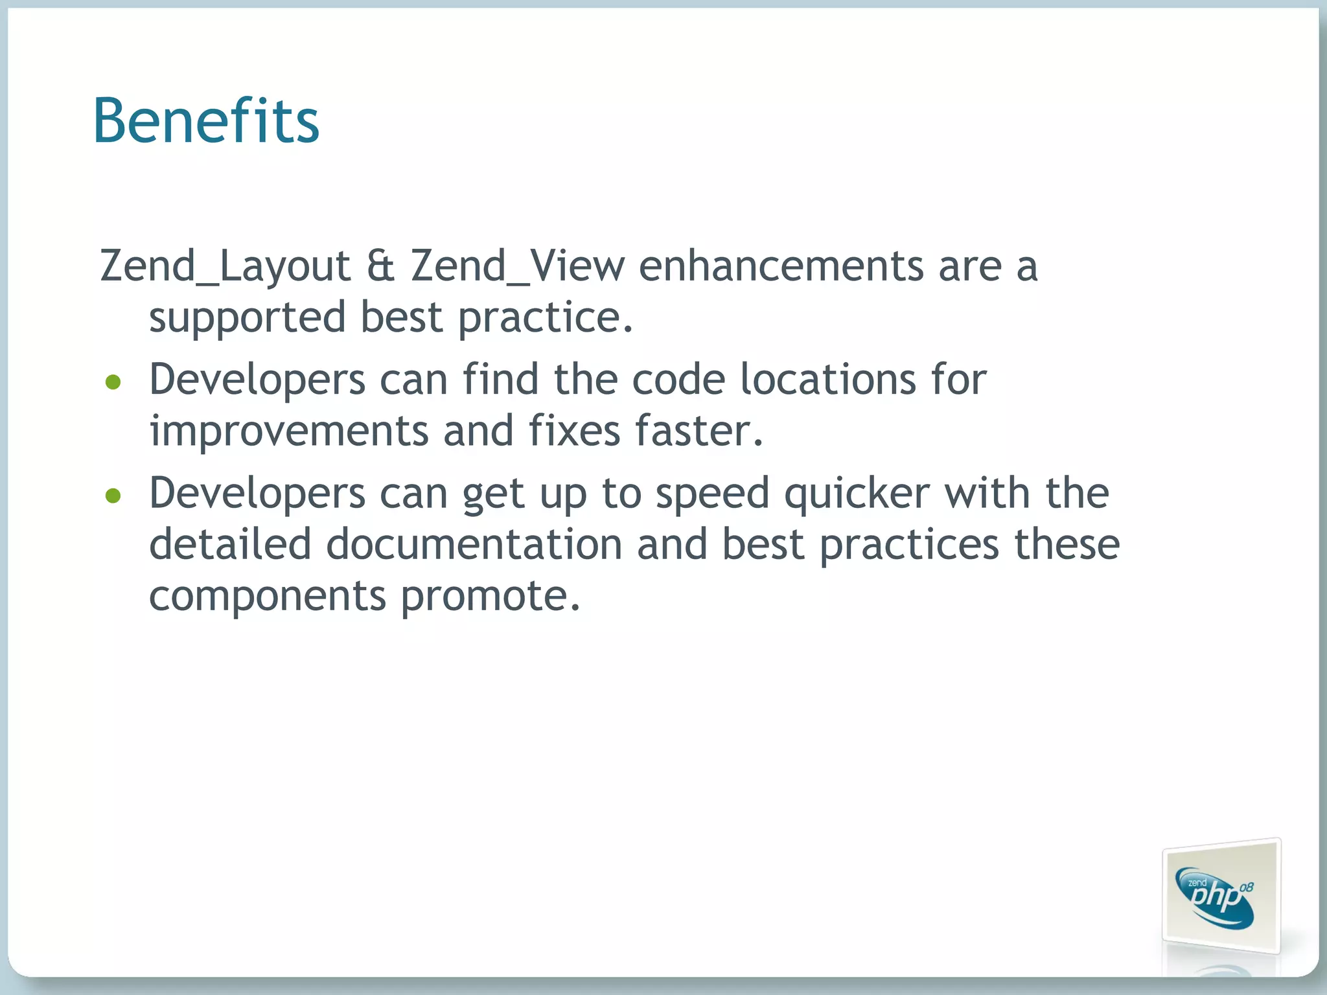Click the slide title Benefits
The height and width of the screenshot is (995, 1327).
pyautogui.click(x=206, y=120)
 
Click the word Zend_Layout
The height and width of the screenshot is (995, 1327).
pyautogui.click(x=225, y=266)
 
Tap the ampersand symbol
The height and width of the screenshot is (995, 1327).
pyautogui.click(x=380, y=266)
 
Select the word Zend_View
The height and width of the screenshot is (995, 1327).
pyautogui.click(x=518, y=266)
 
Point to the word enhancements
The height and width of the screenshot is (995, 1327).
pyautogui.click(x=781, y=266)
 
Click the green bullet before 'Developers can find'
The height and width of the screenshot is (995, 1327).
pyautogui.click(x=113, y=382)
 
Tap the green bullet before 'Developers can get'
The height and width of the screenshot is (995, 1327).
pyautogui.click(x=113, y=496)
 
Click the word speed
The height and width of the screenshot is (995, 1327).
pyautogui.click(x=712, y=494)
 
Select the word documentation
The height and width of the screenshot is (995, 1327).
pyautogui.click(x=474, y=544)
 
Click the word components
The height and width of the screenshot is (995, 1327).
pyautogui.click(x=268, y=595)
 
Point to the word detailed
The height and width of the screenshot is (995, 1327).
pyautogui.click(x=230, y=544)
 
